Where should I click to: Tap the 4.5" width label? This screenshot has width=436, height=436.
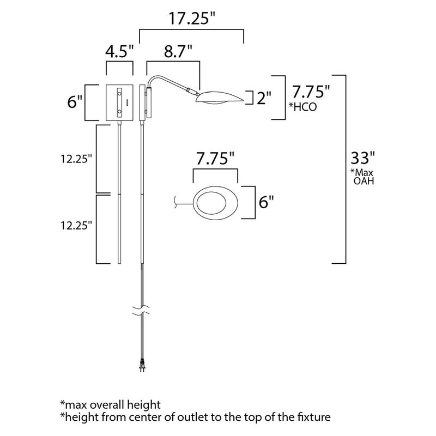(x=119, y=52)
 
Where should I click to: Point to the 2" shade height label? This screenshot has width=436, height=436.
(x=264, y=98)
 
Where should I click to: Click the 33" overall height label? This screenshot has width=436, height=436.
(x=362, y=158)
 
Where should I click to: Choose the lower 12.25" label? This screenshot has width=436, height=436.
(x=76, y=224)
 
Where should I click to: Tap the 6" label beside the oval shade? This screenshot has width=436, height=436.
(x=265, y=202)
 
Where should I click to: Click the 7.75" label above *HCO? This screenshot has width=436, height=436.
(x=311, y=90)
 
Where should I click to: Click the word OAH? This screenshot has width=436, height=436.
(x=364, y=181)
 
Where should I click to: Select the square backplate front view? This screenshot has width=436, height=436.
(x=119, y=102)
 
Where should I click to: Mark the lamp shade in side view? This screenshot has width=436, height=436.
(x=221, y=97)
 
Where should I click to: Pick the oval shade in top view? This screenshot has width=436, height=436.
(x=216, y=202)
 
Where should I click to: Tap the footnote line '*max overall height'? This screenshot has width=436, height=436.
(x=111, y=404)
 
